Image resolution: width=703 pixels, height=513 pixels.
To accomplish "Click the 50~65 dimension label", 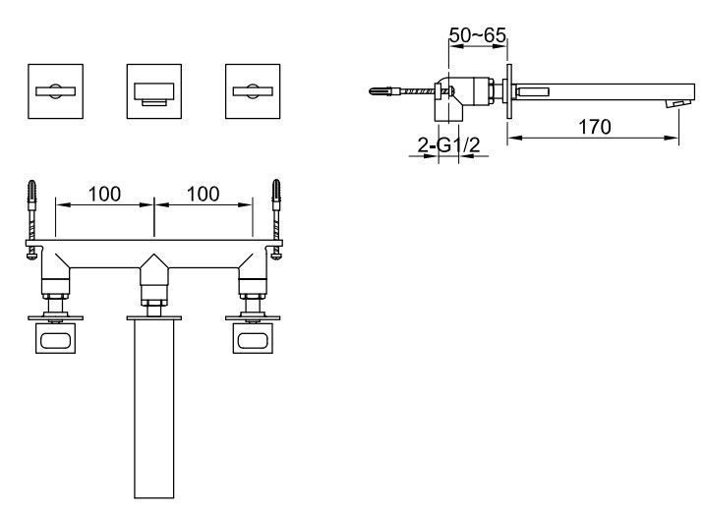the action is [478, 35].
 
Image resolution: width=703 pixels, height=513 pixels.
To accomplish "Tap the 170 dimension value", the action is [595, 127].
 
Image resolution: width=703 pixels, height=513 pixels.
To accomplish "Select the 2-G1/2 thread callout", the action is [448, 144].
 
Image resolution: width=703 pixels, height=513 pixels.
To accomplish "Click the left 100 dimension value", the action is [104, 194].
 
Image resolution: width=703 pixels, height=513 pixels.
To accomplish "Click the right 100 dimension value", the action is [204, 194].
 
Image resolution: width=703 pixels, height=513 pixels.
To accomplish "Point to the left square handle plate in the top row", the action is [56, 91].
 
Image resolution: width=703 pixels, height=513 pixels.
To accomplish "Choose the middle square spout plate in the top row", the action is [154, 91].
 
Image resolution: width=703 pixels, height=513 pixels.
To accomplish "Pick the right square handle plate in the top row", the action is [253, 91].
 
